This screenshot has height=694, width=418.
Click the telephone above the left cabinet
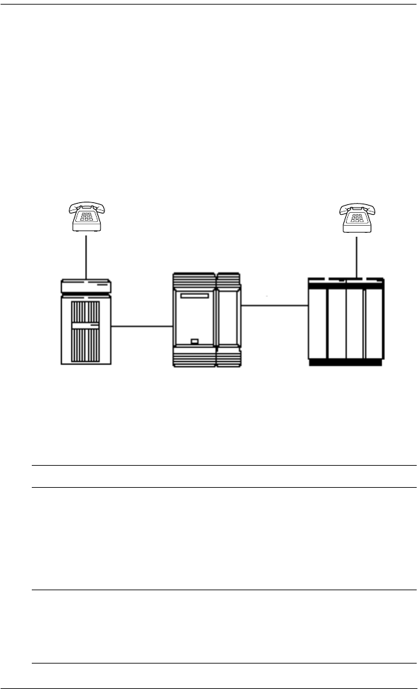click(x=87, y=218)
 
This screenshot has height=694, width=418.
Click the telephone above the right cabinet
click(x=357, y=218)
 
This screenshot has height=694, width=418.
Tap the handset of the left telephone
click(x=87, y=209)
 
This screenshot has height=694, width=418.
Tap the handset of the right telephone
click(x=357, y=209)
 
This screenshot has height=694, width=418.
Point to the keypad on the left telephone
click(x=87, y=221)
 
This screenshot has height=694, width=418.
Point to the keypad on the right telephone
click(x=357, y=221)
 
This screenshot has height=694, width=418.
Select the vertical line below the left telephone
click(x=87, y=256)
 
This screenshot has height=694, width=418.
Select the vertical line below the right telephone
click(x=357, y=256)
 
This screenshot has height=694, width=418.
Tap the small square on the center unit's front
click(x=194, y=341)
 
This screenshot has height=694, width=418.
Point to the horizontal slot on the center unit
click(x=195, y=296)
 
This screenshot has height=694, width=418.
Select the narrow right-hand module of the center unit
click(x=228, y=321)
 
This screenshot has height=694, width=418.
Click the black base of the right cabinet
click(x=346, y=363)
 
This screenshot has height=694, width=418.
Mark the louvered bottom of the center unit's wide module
click(x=193, y=360)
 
